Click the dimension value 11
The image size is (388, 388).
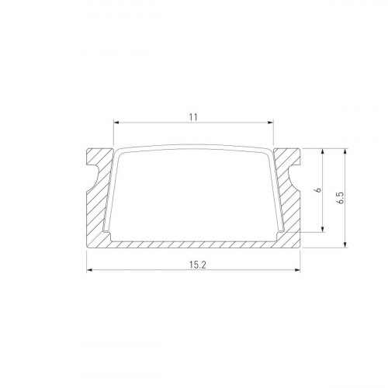pos(193,117)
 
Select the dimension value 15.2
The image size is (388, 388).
pos(193,264)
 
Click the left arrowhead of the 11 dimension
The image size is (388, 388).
pos(117,123)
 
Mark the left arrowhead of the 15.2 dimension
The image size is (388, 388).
pos(89,270)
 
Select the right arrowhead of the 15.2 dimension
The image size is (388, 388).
pos(297,270)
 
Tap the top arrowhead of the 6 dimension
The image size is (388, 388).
pos(322,152)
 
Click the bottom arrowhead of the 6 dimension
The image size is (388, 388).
pos(322,230)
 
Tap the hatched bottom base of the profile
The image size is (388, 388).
pos(194,244)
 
